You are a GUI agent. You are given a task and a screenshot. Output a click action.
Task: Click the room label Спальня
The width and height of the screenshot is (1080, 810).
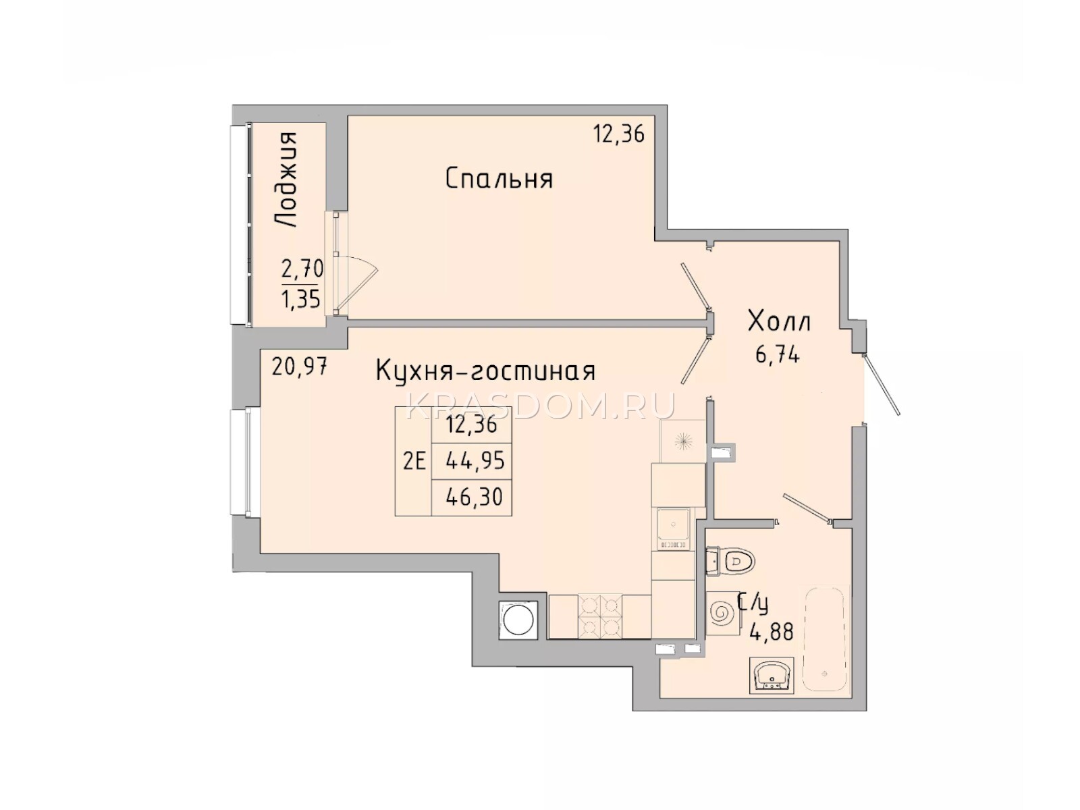click(x=498, y=178)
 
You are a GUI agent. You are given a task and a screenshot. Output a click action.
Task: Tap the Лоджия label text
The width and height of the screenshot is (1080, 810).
click(x=286, y=180)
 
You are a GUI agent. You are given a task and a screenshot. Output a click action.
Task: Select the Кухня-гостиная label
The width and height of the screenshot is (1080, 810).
click(x=485, y=371)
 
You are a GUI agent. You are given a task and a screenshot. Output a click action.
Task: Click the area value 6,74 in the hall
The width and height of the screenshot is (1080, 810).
click(x=778, y=354)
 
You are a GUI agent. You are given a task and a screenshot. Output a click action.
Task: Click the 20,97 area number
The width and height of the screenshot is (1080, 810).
click(x=299, y=367)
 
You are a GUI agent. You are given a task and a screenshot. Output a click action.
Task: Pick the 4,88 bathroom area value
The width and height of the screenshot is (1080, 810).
click(x=771, y=632)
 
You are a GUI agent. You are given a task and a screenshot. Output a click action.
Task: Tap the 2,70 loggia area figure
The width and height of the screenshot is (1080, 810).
click(x=302, y=269)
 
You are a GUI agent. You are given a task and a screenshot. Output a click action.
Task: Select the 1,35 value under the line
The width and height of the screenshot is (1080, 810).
click(x=300, y=298)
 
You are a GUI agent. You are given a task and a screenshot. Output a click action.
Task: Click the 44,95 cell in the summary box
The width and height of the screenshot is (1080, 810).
click(x=475, y=461)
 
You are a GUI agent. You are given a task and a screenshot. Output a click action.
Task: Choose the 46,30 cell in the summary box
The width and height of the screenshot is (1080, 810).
click(x=474, y=497)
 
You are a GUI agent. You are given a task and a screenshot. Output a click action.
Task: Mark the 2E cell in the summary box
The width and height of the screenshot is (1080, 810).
click(x=414, y=462)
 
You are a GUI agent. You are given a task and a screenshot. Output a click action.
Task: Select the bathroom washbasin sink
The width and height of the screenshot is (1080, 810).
click(x=771, y=675)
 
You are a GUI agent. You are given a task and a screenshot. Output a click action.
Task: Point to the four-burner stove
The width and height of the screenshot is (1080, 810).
click(x=600, y=617)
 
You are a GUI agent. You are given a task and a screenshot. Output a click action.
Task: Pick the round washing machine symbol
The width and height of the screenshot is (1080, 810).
click(x=516, y=620)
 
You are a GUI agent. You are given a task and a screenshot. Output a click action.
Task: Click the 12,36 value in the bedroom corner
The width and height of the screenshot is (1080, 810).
click(x=618, y=134)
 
